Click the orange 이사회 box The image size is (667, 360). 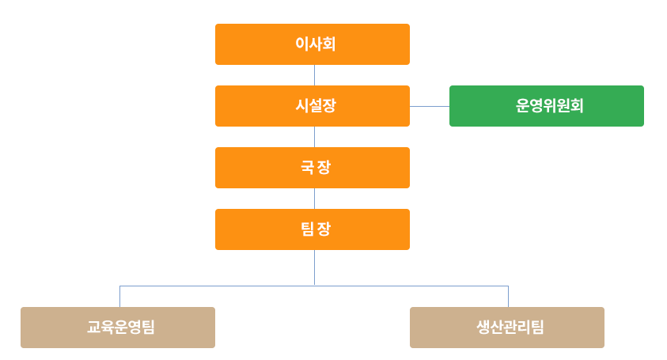click(313, 44)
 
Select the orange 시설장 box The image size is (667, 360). click(313, 106)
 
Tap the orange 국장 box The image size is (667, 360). click(313, 168)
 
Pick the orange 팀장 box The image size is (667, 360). click(313, 229)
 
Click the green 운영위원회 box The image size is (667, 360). click(547, 106)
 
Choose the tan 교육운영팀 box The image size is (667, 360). click(118, 328)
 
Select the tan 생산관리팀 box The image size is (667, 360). click(507, 328)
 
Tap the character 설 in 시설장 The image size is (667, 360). click(314, 106)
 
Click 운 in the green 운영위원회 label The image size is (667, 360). click(522, 106)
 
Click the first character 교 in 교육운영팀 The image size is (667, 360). click(93, 328)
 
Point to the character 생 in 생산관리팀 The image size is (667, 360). click(483, 328)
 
